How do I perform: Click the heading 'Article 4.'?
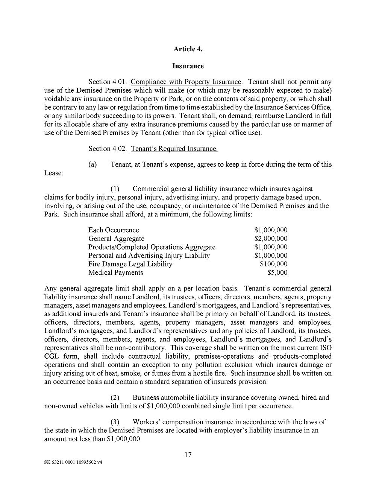(x=188, y=49)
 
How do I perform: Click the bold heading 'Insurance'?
(x=188, y=66)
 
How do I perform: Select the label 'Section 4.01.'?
(x=108, y=82)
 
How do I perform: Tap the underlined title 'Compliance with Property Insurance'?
(x=186, y=82)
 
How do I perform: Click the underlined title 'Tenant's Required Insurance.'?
(x=174, y=149)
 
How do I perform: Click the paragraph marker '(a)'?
(x=92, y=164)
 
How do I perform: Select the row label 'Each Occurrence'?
(x=114, y=230)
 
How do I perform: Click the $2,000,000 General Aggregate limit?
(x=271, y=239)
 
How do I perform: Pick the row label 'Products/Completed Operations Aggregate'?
(x=152, y=247)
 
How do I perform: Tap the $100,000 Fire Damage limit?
(x=274, y=264)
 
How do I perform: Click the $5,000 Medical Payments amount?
(x=277, y=272)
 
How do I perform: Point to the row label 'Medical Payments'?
(x=115, y=272)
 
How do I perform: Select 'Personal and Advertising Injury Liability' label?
(x=149, y=256)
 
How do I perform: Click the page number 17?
(x=188, y=455)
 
